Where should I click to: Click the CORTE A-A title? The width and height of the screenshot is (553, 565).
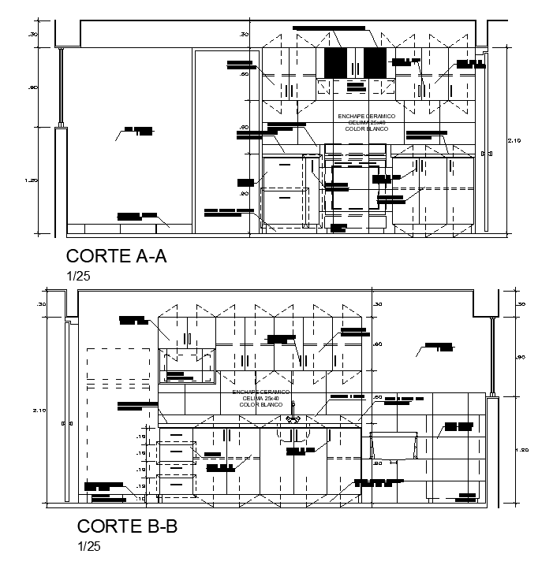pyautogui.click(x=116, y=256)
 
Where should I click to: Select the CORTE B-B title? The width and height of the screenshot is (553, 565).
pyautogui.click(x=126, y=526)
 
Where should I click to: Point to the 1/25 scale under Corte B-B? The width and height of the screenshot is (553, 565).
pyautogui.click(x=89, y=545)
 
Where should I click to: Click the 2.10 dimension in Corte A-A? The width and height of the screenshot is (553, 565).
pyautogui.click(x=514, y=140)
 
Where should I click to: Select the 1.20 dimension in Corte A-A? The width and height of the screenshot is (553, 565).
pyautogui.click(x=32, y=180)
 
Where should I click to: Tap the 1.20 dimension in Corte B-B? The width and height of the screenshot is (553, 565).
pyautogui.click(x=521, y=450)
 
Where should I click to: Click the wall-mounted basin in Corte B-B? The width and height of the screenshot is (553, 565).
pyautogui.click(x=393, y=446)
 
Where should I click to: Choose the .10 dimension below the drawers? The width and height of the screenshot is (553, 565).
pyautogui.click(x=141, y=498)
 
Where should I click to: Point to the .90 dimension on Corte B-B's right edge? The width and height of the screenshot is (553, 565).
pyautogui.click(x=520, y=357)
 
